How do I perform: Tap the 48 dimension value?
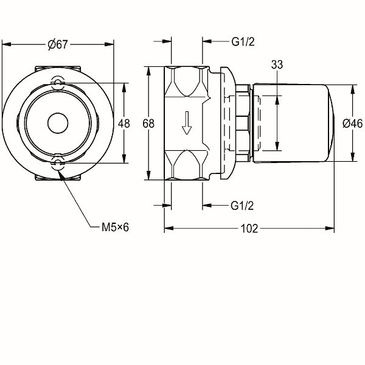[124, 123]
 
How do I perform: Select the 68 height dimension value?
[148, 123]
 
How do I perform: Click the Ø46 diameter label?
[353, 123]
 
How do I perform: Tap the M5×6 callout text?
[116, 228]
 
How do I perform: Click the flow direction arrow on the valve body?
[187, 124]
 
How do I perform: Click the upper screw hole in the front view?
[58, 83]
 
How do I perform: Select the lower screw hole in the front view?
[58, 162]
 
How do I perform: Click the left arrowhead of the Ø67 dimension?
[5, 44]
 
